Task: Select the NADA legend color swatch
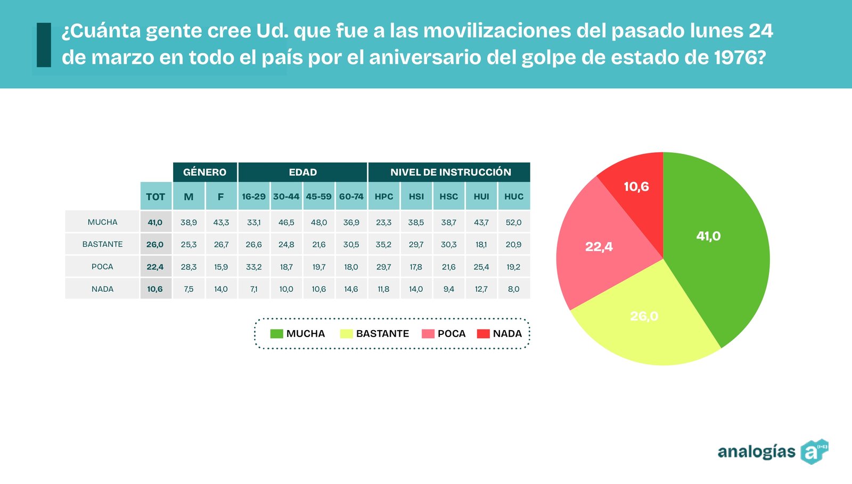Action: tap(483, 334)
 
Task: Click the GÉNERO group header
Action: tap(204, 172)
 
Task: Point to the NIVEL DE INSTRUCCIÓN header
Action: tap(450, 172)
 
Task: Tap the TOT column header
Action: tap(155, 196)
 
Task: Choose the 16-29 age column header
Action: tap(253, 196)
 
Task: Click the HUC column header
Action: tap(514, 196)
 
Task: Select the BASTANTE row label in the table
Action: tap(102, 244)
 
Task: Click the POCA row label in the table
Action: tap(102, 267)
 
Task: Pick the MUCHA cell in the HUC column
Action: tap(514, 222)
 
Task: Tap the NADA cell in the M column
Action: tap(189, 289)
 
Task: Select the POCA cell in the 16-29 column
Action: tap(253, 267)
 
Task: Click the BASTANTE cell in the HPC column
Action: tap(383, 244)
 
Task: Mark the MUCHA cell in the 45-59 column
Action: tap(318, 222)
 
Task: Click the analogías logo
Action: tap(772, 452)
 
